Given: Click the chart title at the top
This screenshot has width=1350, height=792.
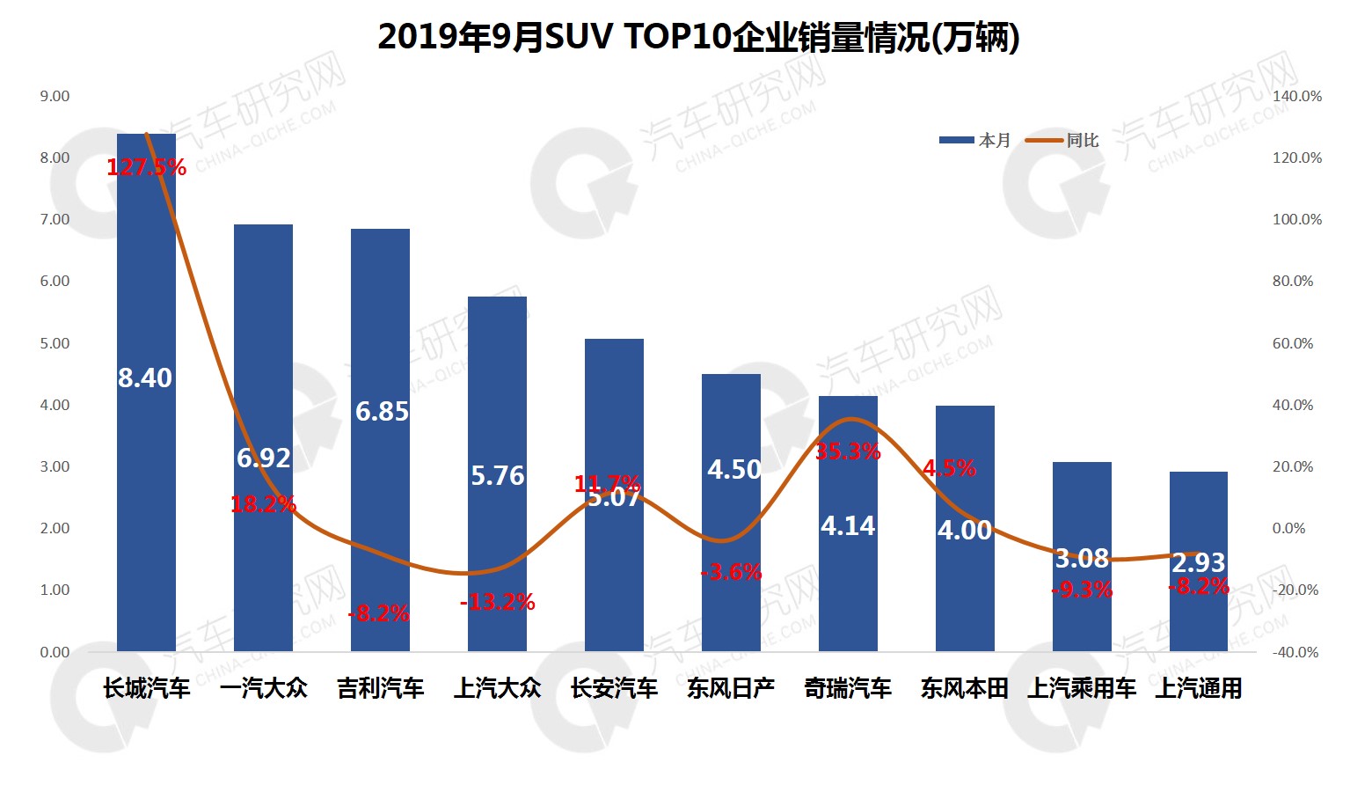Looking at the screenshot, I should pyautogui.click(x=698, y=38).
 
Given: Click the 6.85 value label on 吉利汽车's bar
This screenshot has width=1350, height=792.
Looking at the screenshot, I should pyautogui.click(x=382, y=411).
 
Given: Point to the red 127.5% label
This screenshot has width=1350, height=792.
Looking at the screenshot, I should pyautogui.click(x=146, y=167).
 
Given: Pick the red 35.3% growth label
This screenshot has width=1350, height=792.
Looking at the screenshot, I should pyautogui.click(x=848, y=451).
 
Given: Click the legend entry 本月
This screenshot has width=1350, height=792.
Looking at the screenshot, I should pyautogui.click(x=976, y=140).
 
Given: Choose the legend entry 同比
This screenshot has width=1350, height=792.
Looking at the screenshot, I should pyautogui.click(x=1064, y=140).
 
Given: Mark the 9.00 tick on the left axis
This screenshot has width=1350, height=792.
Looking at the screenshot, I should pyautogui.click(x=55, y=96).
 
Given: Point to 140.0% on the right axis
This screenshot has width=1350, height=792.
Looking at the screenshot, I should pyautogui.click(x=1297, y=96).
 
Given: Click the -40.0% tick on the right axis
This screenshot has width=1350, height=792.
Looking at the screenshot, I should pyautogui.click(x=1295, y=652).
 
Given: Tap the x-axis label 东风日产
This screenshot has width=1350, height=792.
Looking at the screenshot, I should pyautogui.click(x=731, y=688).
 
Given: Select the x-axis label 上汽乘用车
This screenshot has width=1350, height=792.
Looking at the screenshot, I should pyautogui.click(x=1082, y=688).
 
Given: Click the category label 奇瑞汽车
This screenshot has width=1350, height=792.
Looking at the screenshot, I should pyautogui.click(x=848, y=688).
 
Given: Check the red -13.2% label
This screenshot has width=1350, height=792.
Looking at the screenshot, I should pyautogui.click(x=497, y=602).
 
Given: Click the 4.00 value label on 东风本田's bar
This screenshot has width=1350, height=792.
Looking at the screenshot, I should pyautogui.click(x=965, y=530).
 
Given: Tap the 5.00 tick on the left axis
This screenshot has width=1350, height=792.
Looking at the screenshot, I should pyautogui.click(x=55, y=343).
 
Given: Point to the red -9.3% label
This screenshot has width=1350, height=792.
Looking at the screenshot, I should pyautogui.click(x=1082, y=590).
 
